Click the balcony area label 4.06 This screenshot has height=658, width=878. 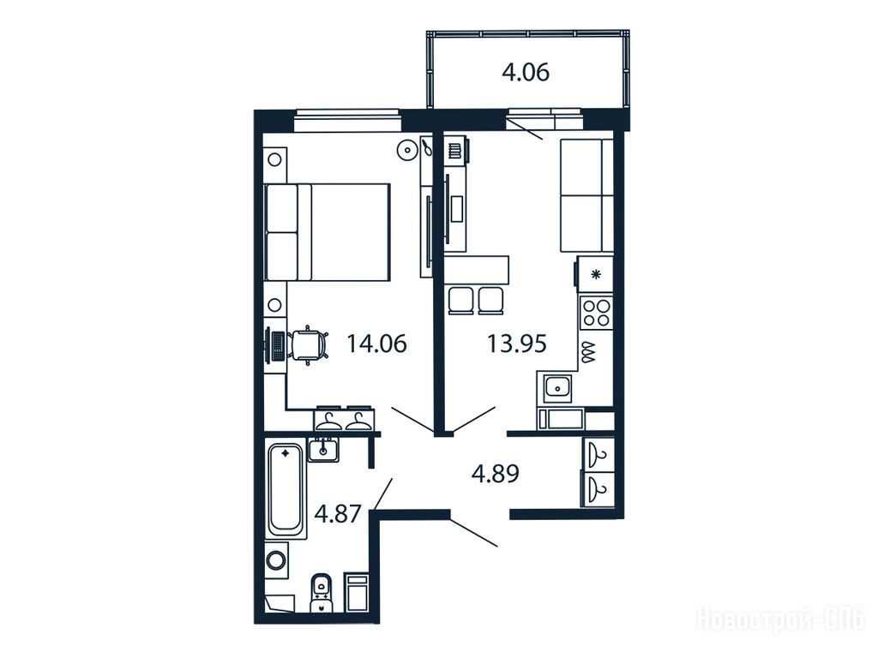526,72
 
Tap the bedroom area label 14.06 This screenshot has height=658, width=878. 377,344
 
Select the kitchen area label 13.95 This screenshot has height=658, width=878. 516,344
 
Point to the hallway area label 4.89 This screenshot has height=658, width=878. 496,473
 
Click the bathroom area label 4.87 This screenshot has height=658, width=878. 338,513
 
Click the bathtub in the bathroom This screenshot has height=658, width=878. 286,490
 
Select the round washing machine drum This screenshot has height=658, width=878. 275,559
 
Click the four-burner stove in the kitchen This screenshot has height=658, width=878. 597,313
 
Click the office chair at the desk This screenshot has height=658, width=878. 308,344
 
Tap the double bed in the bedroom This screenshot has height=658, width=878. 327,231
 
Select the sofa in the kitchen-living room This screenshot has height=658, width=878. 586,195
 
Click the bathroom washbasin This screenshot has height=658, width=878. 323,450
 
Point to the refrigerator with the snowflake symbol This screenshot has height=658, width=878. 596,274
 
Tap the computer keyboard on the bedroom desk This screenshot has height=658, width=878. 277,346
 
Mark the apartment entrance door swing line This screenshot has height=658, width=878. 473,533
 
